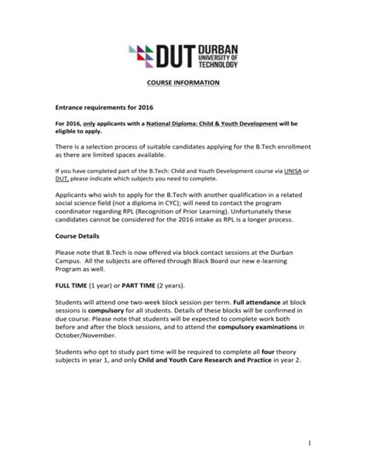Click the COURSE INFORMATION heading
[183, 82]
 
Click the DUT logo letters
[179, 55]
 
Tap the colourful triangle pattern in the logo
[142, 55]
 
